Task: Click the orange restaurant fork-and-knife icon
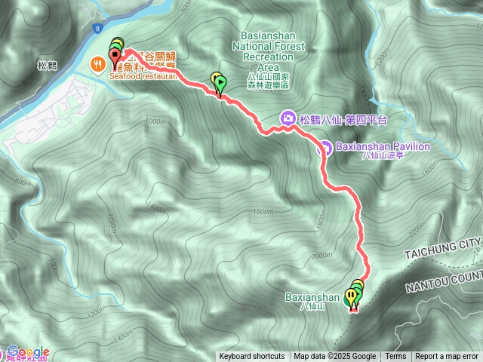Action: [x=98, y=64]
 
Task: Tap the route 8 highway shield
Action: [x=98, y=29]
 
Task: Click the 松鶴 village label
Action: [x=47, y=66]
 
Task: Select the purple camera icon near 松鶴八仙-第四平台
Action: [x=288, y=118]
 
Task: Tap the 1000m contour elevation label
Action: [x=154, y=121]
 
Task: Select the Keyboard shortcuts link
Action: [x=252, y=357]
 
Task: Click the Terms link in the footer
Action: [x=395, y=357]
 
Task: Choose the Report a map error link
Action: [x=447, y=357]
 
